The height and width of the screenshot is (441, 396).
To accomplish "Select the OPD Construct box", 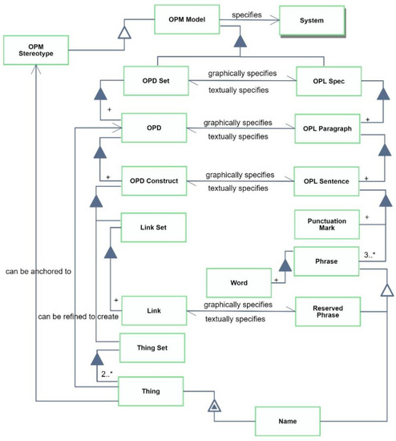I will tap(154, 180).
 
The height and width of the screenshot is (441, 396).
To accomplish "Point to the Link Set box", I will tap(152, 227).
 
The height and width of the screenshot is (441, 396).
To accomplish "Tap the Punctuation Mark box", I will tap(328, 225).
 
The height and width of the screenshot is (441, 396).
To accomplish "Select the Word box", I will tap(238, 283).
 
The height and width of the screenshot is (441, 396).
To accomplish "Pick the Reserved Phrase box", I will tap(328, 310).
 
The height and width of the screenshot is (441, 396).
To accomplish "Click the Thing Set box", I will tap(152, 347).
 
